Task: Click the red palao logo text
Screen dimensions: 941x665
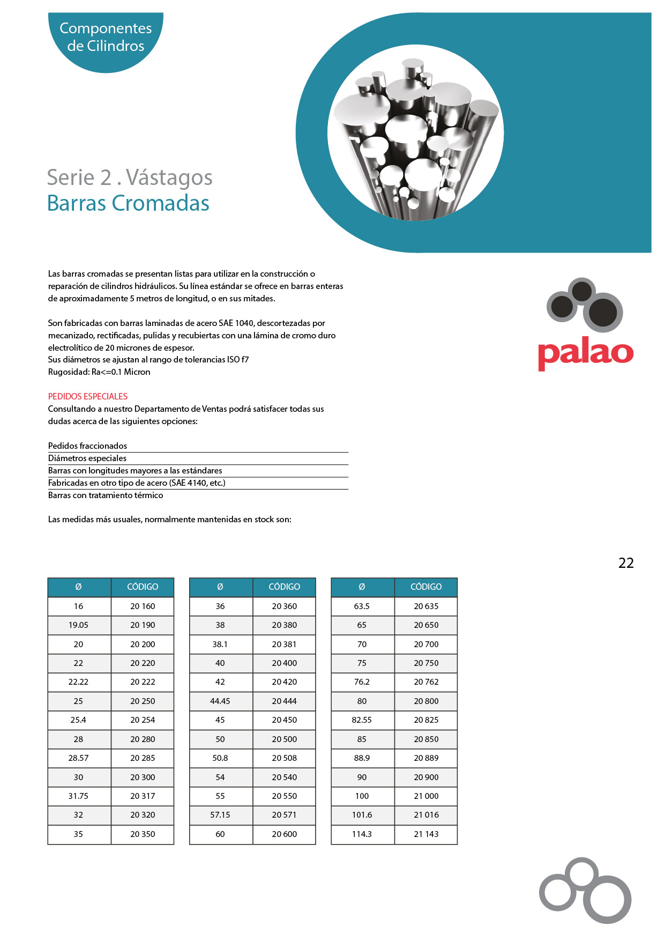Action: click(585, 352)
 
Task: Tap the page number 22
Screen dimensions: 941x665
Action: click(625, 563)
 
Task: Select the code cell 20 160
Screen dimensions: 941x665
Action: click(143, 606)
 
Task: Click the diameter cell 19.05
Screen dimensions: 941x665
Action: click(78, 625)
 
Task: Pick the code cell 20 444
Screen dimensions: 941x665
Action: click(284, 701)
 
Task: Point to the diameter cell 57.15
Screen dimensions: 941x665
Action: click(220, 815)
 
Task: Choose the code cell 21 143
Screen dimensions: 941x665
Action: click(426, 834)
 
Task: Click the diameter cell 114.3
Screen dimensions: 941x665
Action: click(362, 834)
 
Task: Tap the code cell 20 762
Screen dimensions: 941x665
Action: click(426, 682)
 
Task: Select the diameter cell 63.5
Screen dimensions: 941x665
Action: click(362, 606)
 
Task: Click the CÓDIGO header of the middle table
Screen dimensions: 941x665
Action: click(284, 587)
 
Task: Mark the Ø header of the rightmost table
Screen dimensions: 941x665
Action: click(362, 587)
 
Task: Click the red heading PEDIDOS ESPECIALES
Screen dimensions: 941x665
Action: click(88, 397)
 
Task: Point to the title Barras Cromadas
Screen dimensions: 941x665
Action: click(128, 204)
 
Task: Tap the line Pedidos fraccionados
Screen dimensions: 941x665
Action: click(87, 446)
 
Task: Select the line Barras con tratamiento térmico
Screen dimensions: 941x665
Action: click(106, 495)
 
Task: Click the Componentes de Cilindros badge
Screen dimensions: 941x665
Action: click(106, 37)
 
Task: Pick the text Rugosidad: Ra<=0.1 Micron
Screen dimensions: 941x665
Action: click(99, 372)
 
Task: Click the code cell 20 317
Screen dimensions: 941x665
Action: click(143, 796)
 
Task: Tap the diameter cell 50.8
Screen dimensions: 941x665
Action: click(220, 758)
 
